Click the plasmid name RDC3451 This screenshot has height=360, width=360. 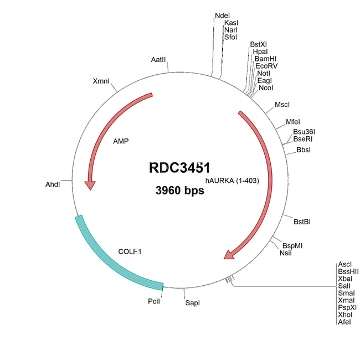pos(179,168)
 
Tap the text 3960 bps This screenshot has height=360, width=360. pos(179,191)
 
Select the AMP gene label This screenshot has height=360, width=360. pos(121,141)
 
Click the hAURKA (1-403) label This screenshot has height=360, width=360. pos(232,181)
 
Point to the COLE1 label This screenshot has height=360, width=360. pos(130,251)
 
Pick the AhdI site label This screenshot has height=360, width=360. pos(53,184)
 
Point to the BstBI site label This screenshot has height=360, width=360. pos(302,222)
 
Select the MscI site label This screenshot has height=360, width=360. pos(282,105)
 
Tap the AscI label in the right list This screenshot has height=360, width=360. pos(344,264)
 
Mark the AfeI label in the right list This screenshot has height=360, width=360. pos(344,322)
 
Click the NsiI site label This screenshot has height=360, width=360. pos(286,253)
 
